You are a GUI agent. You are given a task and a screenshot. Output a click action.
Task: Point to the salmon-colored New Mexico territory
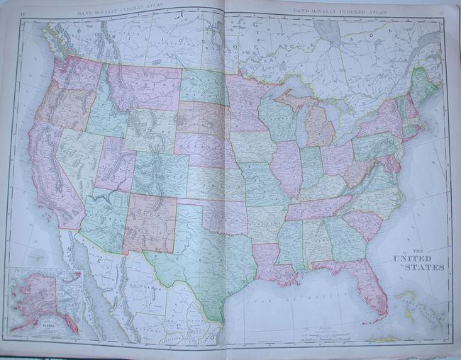tap(150, 223)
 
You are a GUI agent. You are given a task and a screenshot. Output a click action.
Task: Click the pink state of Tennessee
tap(316, 207)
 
